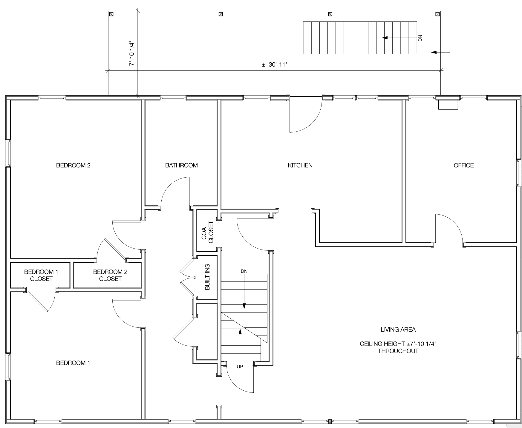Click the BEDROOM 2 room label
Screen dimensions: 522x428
pos(73,165)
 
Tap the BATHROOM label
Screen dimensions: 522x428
pos(181,165)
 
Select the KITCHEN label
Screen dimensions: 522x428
pos(300,165)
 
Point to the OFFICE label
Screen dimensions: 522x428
pos(463,165)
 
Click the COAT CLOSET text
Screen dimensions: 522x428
pos(208,232)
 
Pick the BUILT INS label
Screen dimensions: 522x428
pos(207,277)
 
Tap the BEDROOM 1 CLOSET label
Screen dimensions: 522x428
pos(41,275)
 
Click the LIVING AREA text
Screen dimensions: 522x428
pos(398,330)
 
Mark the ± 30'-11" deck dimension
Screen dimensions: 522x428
pos(274,64)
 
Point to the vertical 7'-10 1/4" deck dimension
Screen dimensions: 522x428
pos(132,54)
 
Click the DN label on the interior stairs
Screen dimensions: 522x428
pos(244,271)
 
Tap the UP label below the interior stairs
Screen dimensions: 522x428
pos(240,367)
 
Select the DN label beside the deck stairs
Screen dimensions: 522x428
pos(420,38)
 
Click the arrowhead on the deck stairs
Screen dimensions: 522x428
pos(385,38)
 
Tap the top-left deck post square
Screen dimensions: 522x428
pos(111,14)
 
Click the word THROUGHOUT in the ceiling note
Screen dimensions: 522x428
pos(398,351)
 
